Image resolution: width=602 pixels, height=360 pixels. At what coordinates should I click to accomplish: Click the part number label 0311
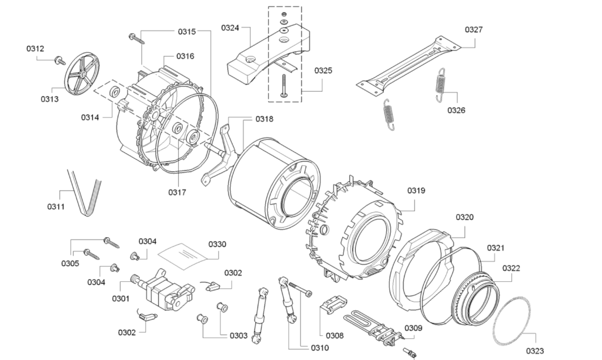pos(56,206)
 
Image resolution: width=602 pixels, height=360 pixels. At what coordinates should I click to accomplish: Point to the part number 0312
pos(35,49)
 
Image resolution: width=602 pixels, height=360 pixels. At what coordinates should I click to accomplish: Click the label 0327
pos(474,29)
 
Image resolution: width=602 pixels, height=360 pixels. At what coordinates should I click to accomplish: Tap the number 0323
pos(535,351)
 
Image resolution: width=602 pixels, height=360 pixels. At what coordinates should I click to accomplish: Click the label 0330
pos(217,244)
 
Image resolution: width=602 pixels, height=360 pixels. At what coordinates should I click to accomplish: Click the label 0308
pos(335,336)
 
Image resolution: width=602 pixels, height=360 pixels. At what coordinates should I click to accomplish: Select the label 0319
pos(416,191)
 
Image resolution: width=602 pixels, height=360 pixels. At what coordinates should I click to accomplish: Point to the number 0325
pos(323,71)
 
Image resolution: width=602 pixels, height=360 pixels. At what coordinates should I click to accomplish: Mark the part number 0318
pos(264,119)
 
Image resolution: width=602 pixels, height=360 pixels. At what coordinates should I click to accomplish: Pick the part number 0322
pos(511,268)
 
